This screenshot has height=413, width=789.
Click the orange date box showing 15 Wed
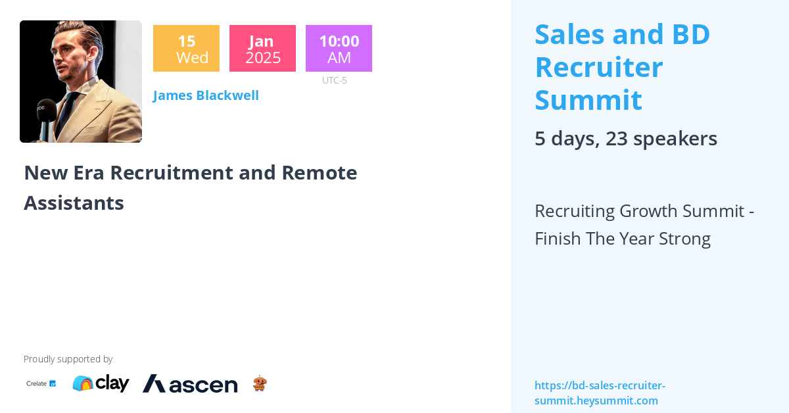pyautogui.click(x=186, y=48)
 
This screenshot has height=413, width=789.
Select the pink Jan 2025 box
pyautogui.click(x=262, y=48)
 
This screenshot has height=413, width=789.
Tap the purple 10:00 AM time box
pyautogui.click(x=339, y=48)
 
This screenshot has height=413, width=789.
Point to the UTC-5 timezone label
pyautogui.click(x=334, y=80)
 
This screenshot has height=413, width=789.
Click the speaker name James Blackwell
pyautogui.click(x=206, y=95)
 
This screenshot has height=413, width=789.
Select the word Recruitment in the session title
pyautogui.click(x=172, y=173)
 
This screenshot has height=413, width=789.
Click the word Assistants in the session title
pyautogui.click(x=74, y=203)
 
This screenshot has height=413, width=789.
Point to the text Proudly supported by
pyautogui.click(x=68, y=359)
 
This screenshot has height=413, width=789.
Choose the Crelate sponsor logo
pyautogui.click(x=41, y=383)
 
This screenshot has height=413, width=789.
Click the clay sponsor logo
pyautogui.click(x=101, y=383)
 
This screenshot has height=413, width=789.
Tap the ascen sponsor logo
pyautogui.click(x=190, y=384)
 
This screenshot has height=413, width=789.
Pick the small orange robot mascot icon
pyautogui.click(x=260, y=383)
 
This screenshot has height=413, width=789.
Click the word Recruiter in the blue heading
pyautogui.click(x=599, y=67)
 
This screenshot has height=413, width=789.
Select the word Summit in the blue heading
pyautogui.click(x=588, y=100)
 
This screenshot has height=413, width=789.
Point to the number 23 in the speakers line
pyautogui.click(x=617, y=139)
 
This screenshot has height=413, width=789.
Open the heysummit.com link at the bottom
pyautogui.click(x=600, y=393)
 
